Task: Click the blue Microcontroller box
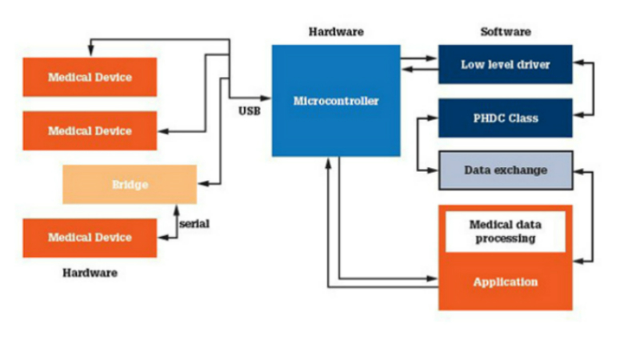coord(336,101)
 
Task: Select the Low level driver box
coord(505,65)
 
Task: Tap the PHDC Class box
coord(505,118)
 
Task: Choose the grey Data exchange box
coord(505,170)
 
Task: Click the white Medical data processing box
coord(505,231)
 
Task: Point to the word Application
coord(505,282)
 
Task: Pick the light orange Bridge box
coord(130,184)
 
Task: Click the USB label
coord(249,110)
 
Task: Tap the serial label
coord(194,224)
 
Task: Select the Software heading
coord(505,32)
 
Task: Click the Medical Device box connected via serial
coord(90,238)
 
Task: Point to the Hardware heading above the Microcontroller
coord(336,32)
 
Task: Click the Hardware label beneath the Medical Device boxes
coord(90,273)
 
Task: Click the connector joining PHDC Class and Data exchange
coord(418,144)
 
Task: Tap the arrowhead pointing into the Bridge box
coord(202,184)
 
